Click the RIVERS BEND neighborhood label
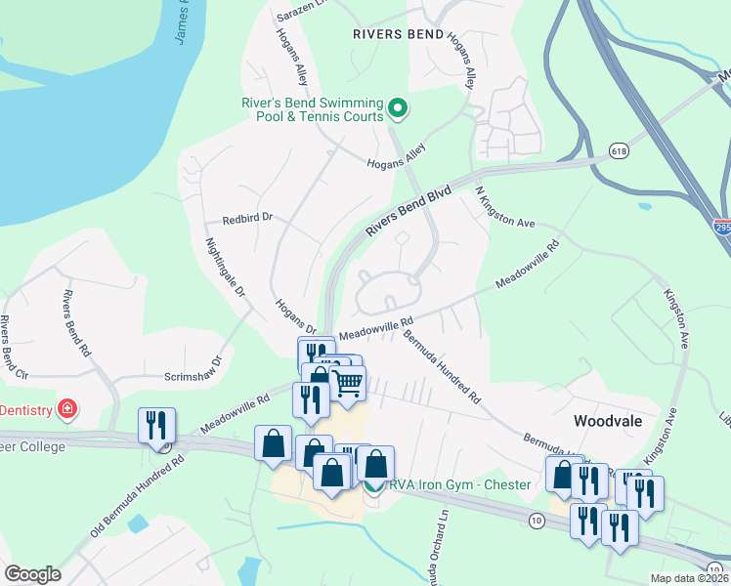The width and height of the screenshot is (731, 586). point(398,34)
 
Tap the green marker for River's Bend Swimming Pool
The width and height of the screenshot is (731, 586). point(398,107)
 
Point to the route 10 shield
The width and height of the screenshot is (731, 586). point(537,522)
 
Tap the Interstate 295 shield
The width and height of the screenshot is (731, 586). point(720,227)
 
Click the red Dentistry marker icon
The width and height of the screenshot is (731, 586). point(66,408)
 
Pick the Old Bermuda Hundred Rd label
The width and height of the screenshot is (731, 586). point(137,493)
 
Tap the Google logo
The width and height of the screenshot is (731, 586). point(32,573)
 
